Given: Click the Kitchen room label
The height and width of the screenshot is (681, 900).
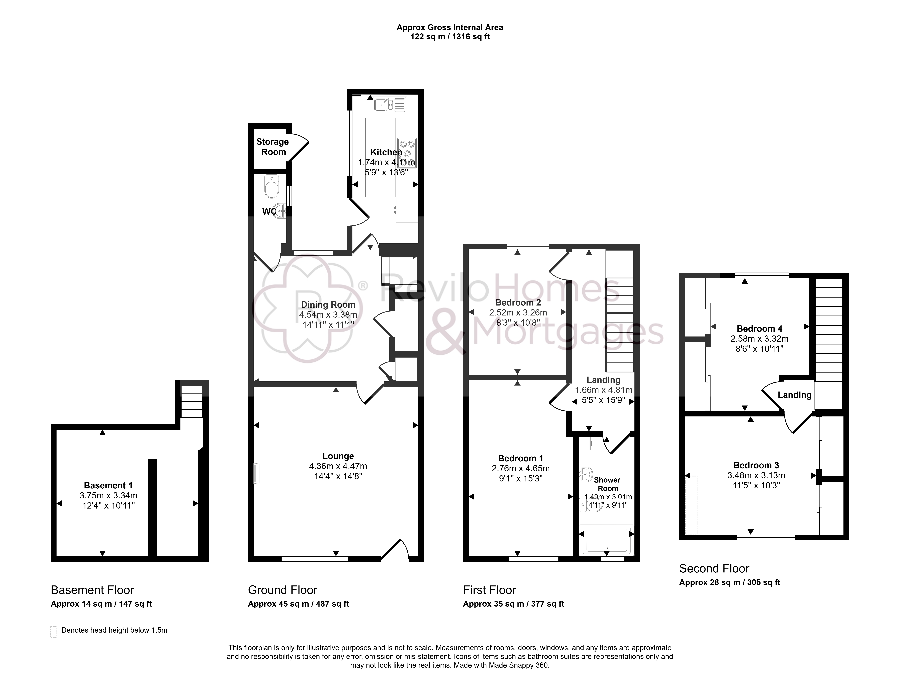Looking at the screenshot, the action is pos(386,152).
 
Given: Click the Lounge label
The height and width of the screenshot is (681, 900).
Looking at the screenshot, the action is pos(338,456).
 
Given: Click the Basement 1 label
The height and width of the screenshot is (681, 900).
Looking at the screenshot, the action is pos(108,485).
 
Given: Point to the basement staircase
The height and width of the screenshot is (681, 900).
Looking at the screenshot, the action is pos(191,402).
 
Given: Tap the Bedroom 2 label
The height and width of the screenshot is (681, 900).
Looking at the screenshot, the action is pos(518,302).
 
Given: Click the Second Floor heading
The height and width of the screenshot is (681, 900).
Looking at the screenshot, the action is pos(714,568).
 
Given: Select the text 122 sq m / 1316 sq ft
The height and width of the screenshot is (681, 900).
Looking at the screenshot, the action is pos(450,37).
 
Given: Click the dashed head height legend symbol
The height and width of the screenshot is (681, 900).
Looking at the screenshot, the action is pos(53,632).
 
